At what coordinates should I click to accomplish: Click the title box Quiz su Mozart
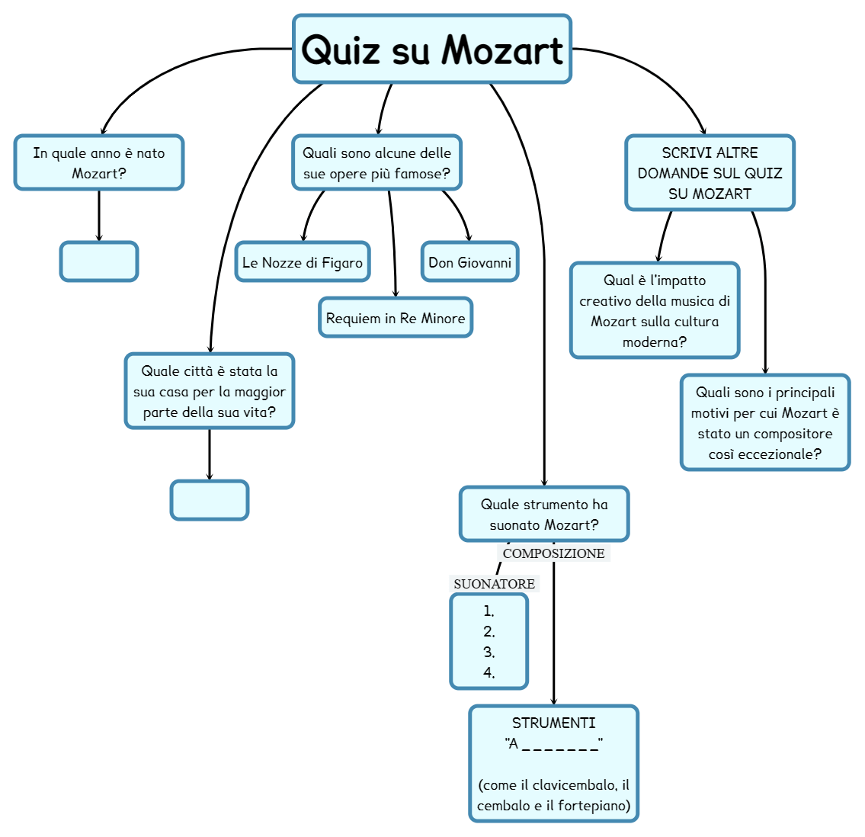431,49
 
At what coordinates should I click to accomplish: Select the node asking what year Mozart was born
99,162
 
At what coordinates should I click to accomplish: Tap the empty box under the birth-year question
99,261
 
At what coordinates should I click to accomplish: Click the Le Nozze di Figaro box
303,262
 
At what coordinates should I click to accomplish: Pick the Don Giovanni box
469,262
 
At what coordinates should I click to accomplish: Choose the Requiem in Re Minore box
396,318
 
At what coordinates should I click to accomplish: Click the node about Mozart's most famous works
377,162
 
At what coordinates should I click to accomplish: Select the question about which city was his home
210,391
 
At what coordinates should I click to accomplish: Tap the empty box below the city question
210,500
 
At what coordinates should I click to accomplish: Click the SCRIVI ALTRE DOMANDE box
710,173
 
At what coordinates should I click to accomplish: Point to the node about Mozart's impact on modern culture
655,310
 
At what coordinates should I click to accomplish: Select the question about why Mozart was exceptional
765,422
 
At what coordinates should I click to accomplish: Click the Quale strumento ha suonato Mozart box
544,514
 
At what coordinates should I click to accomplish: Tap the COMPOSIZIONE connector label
554,553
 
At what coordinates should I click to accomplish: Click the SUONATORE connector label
494,584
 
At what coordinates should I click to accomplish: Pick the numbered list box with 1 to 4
489,641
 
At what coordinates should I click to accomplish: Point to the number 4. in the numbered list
489,672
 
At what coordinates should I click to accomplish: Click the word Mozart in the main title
502,50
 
